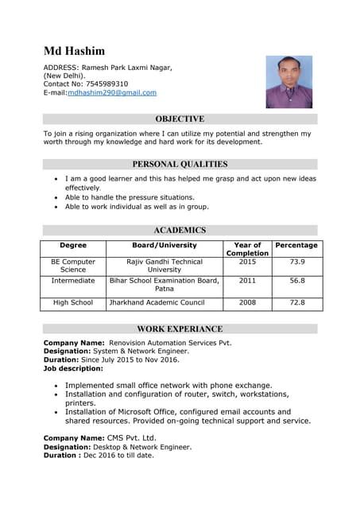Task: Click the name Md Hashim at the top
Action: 74,52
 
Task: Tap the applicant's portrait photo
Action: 289,82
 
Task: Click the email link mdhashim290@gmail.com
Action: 112,93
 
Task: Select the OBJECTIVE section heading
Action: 180,119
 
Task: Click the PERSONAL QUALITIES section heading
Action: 180,164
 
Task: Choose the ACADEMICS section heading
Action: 180,230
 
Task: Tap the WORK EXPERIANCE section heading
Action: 180,328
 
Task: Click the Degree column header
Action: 73,246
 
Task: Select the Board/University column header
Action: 165,246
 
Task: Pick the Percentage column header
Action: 296,246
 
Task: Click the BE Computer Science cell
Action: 73,266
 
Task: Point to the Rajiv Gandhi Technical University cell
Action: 165,266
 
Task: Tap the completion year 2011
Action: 247,281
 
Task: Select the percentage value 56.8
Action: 297,281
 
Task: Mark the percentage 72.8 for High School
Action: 297,303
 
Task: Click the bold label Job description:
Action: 73,369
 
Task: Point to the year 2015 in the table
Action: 247,262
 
